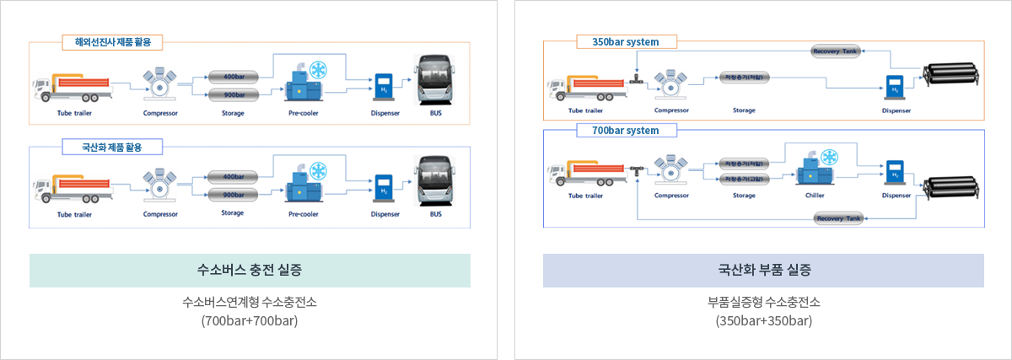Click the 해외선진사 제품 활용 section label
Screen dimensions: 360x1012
point(112,41)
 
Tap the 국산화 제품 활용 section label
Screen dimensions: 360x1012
point(112,147)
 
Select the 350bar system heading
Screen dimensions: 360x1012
point(625,41)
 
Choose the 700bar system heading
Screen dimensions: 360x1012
point(625,131)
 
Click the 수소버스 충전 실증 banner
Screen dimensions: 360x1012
point(250,271)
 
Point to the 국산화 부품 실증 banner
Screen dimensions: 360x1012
point(763,271)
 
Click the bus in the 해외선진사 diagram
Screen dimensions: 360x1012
point(435,81)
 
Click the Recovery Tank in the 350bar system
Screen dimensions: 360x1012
point(835,51)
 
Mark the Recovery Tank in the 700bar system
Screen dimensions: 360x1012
point(838,219)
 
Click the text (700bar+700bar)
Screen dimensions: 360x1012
point(250,321)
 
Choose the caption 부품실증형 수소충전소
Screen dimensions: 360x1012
point(763,302)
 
